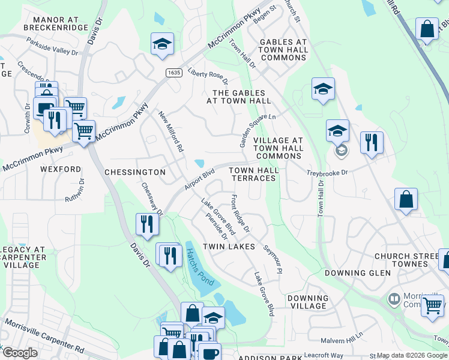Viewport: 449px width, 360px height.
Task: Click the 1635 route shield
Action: (x=174, y=73)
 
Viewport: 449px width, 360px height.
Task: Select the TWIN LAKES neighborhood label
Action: (x=225, y=247)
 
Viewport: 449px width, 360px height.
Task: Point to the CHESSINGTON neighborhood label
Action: (x=135, y=172)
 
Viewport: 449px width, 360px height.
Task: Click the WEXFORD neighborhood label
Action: (x=61, y=170)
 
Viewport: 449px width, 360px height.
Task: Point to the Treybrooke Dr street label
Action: (x=328, y=172)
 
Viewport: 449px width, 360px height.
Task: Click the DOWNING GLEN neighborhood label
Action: (x=357, y=273)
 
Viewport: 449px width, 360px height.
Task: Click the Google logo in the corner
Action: (x=20, y=353)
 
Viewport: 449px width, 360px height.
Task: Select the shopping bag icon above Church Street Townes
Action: (x=406, y=200)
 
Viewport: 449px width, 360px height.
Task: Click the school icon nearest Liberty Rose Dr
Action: (x=162, y=44)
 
